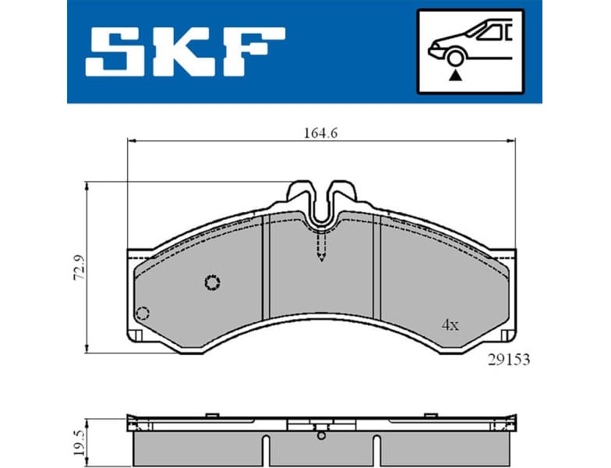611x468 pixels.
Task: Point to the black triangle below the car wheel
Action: pyautogui.click(x=454, y=75)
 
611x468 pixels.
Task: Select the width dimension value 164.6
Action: pyautogui.click(x=320, y=133)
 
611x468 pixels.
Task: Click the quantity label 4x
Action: pyautogui.click(x=450, y=325)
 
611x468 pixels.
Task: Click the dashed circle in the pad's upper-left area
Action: pyautogui.click(x=212, y=282)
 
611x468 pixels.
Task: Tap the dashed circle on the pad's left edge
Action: pyautogui.click(x=142, y=314)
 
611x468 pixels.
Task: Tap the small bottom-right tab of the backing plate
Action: pyautogui.click(x=507, y=335)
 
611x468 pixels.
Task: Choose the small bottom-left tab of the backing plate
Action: pyautogui.click(x=133, y=335)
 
